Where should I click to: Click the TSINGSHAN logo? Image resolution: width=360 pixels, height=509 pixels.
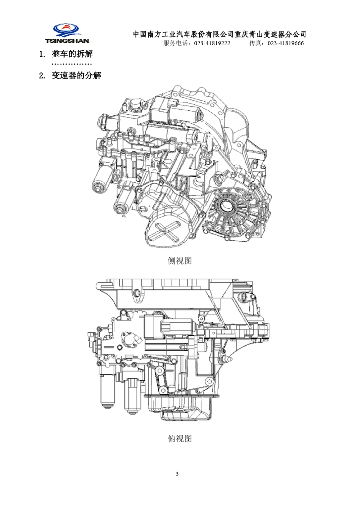(x=67, y=33)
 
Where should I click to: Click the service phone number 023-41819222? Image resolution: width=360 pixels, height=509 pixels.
(x=212, y=43)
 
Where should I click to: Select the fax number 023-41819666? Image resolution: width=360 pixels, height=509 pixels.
(x=286, y=43)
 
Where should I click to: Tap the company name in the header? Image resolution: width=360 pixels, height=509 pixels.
(x=220, y=34)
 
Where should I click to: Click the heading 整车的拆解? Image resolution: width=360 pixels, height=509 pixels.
(x=72, y=54)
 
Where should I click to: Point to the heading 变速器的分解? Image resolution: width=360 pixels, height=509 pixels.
(x=76, y=75)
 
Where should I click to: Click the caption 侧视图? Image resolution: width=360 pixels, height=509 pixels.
(x=180, y=261)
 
